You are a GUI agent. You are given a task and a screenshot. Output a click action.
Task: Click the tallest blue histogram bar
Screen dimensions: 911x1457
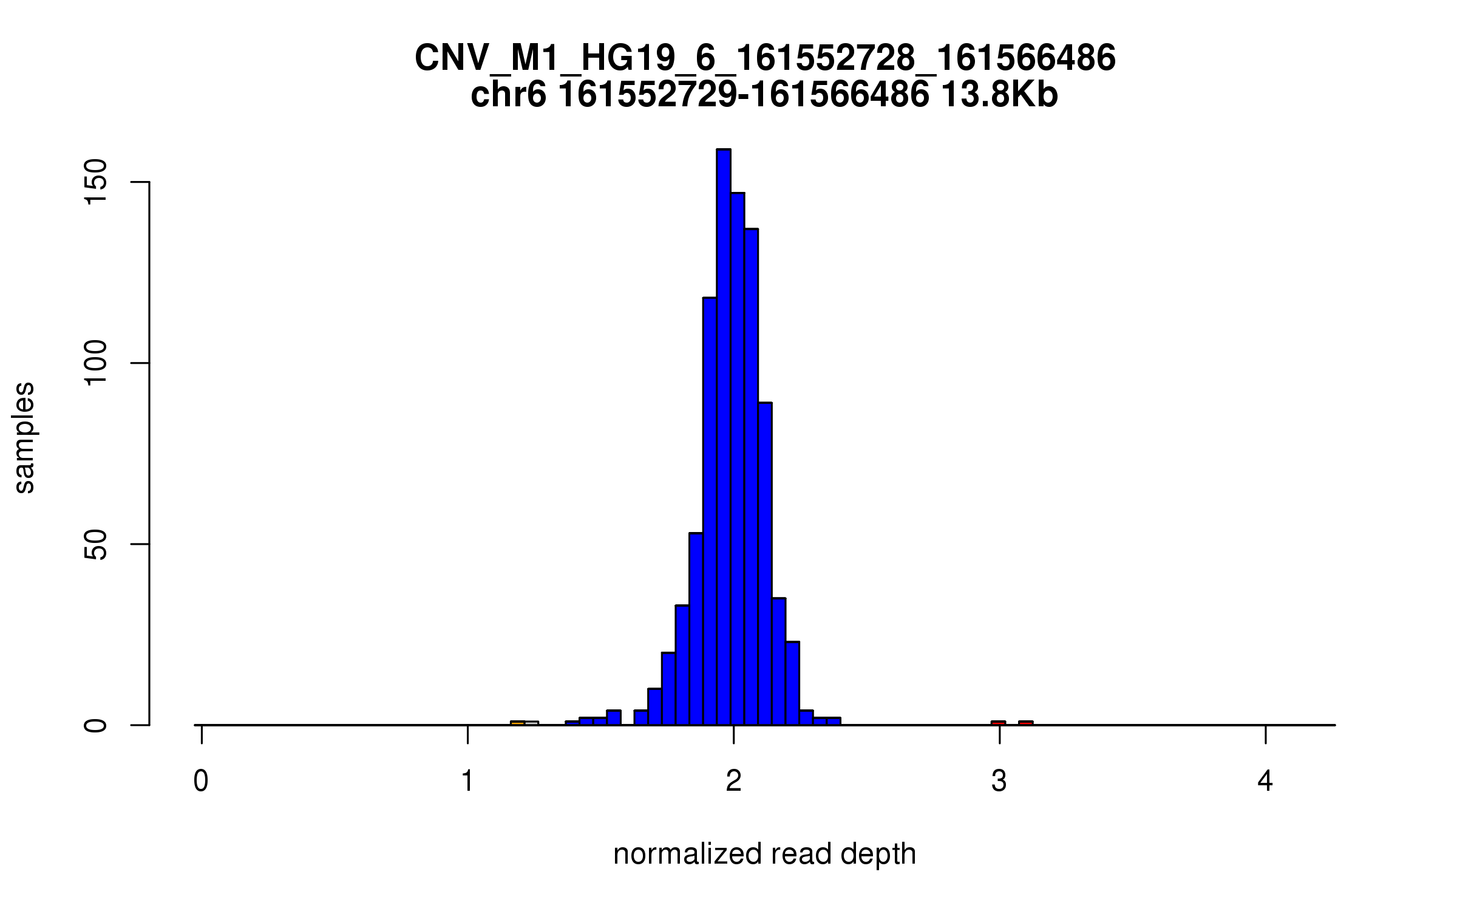pos(723,437)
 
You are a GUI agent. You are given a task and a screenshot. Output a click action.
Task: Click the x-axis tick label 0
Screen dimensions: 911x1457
pos(201,782)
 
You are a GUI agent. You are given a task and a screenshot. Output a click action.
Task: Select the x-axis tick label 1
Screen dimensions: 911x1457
pos(467,782)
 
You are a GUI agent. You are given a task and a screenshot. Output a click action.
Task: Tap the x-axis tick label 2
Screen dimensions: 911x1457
pos(733,782)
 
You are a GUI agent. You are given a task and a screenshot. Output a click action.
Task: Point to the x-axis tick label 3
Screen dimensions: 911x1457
pos(999,782)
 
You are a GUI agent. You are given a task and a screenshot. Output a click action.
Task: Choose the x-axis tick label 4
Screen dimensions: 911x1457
pos(1265,782)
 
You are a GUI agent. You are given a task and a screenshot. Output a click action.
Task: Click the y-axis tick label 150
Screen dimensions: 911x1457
pos(96,182)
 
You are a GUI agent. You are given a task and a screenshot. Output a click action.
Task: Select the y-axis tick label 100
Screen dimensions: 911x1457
pos(96,363)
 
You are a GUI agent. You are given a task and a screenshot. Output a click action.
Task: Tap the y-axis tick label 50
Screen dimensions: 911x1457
pos(96,544)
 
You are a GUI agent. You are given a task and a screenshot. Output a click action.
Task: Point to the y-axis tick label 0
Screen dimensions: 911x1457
pos(96,725)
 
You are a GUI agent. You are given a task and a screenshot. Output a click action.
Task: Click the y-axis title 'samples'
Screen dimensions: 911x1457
pos(24,437)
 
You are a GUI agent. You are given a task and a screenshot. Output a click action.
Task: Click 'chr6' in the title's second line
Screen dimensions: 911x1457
pos(509,95)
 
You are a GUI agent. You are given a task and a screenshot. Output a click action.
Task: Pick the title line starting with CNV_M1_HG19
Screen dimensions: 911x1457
pos(765,59)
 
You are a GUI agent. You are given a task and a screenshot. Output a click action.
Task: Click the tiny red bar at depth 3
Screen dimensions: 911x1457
pos(998,723)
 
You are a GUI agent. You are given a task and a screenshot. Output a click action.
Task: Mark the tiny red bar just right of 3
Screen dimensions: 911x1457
pos(1025,723)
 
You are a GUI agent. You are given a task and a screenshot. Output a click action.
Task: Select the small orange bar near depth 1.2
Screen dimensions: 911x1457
pos(517,723)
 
